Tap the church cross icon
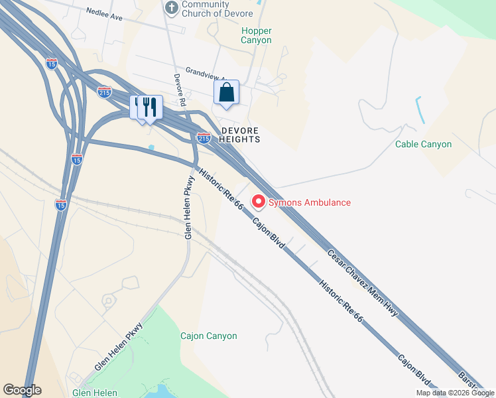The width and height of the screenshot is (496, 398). click(x=171, y=7)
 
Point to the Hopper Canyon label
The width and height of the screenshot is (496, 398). click(x=256, y=35)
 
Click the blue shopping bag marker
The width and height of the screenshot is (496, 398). click(x=226, y=93)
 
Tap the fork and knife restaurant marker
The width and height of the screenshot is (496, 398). click(x=150, y=107)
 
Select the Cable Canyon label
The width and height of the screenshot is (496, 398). click(x=423, y=144)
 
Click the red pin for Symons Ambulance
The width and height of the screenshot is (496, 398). click(x=257, y=200)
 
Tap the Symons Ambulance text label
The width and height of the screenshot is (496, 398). click(x=309, y=202)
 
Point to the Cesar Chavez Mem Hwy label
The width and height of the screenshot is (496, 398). click(x=363, y=282)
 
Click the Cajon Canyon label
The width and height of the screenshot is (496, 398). click(x=208, y=336)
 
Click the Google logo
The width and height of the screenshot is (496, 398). click(x=22, y=390)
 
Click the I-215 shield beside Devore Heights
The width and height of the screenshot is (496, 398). click(x=204, y=138)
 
